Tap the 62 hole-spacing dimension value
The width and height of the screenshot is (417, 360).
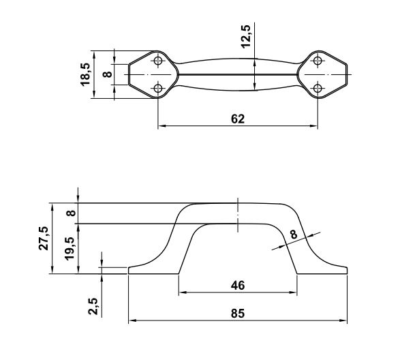tap(238, 118)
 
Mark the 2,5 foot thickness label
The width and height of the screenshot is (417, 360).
tap(94, 307)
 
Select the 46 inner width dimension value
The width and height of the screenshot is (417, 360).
tap(238, 285)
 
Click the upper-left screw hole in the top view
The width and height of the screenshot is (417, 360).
tap(159, 61)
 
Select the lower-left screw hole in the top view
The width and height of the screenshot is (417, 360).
tap(159, 88)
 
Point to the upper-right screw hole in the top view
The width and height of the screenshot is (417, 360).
tap(318, 61)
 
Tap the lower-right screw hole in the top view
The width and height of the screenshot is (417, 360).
tap(318, 88)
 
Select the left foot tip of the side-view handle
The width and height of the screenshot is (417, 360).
tap(130, 271)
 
